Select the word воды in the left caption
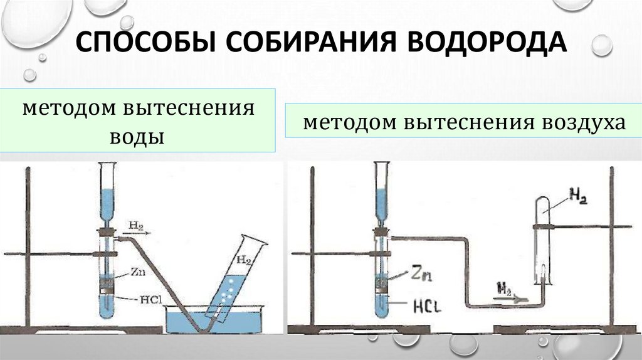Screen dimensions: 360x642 [137, 137]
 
